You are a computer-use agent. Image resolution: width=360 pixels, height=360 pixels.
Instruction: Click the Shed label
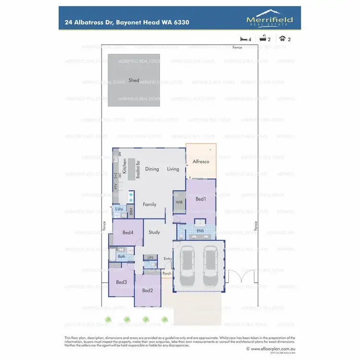134,80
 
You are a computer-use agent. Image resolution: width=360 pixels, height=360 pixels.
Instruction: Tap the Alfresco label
201,162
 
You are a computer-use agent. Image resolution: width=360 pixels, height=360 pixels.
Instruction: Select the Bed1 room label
201,199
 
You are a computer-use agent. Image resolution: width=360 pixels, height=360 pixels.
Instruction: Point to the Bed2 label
147,290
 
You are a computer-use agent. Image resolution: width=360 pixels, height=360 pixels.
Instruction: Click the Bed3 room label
121,282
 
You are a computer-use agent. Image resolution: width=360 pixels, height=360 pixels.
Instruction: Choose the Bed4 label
128,233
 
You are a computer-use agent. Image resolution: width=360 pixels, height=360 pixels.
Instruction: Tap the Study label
154,233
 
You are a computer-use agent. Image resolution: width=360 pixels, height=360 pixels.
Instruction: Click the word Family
150,204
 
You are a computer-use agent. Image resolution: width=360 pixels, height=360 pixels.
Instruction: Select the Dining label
152,169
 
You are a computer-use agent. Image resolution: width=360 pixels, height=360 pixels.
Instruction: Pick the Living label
173,169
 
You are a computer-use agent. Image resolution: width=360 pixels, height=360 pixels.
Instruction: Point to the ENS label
200,231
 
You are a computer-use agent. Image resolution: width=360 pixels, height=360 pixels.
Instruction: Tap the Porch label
167,274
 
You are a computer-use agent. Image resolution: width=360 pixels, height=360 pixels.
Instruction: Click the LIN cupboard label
150,258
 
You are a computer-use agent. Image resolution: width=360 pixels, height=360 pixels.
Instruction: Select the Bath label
121,257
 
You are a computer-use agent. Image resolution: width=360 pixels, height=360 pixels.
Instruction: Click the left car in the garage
188,265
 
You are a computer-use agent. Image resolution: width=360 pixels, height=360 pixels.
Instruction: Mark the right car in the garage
211,265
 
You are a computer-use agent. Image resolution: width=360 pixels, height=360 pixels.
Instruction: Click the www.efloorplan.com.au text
272,349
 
